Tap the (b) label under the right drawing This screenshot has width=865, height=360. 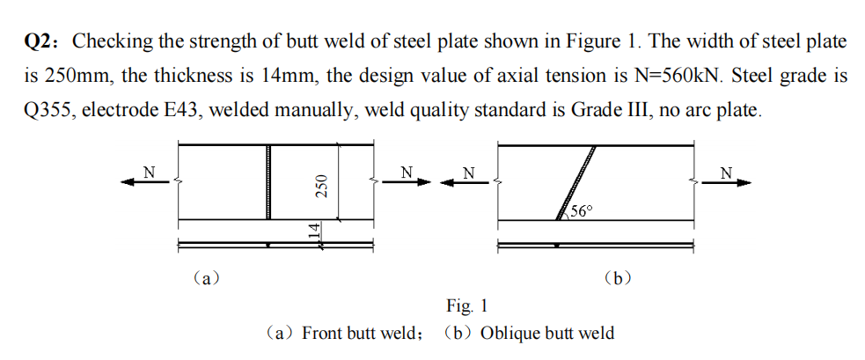tap(619, 279)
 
